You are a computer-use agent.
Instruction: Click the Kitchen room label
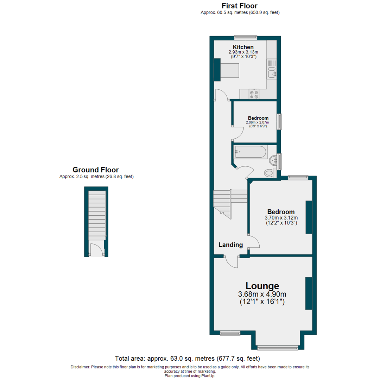click(243, 47)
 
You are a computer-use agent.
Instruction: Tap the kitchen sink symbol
click(272, 72)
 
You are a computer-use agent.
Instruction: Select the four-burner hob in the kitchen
click(254, 94)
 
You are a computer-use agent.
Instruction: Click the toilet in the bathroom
click(270, 172)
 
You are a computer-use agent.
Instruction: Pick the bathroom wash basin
click(273, 160)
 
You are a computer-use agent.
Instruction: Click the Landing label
click(230, 245)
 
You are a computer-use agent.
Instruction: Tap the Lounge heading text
click(262, 286)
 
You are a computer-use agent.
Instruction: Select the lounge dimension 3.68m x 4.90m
click(262, 294)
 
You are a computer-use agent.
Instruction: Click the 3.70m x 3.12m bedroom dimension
click(281, 218)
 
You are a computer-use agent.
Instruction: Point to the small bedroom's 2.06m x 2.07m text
click(257, 122)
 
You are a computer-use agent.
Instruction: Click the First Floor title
click(240, 6)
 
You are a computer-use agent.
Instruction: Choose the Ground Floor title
click(96, 170)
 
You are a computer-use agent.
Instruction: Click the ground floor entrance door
click(96, 249)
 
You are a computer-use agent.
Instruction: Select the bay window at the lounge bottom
click(278, 348)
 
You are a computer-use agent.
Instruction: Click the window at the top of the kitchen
click(246, 38)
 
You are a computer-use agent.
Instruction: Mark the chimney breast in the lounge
click(309, 293)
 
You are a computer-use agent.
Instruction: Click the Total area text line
click(187, 359)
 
